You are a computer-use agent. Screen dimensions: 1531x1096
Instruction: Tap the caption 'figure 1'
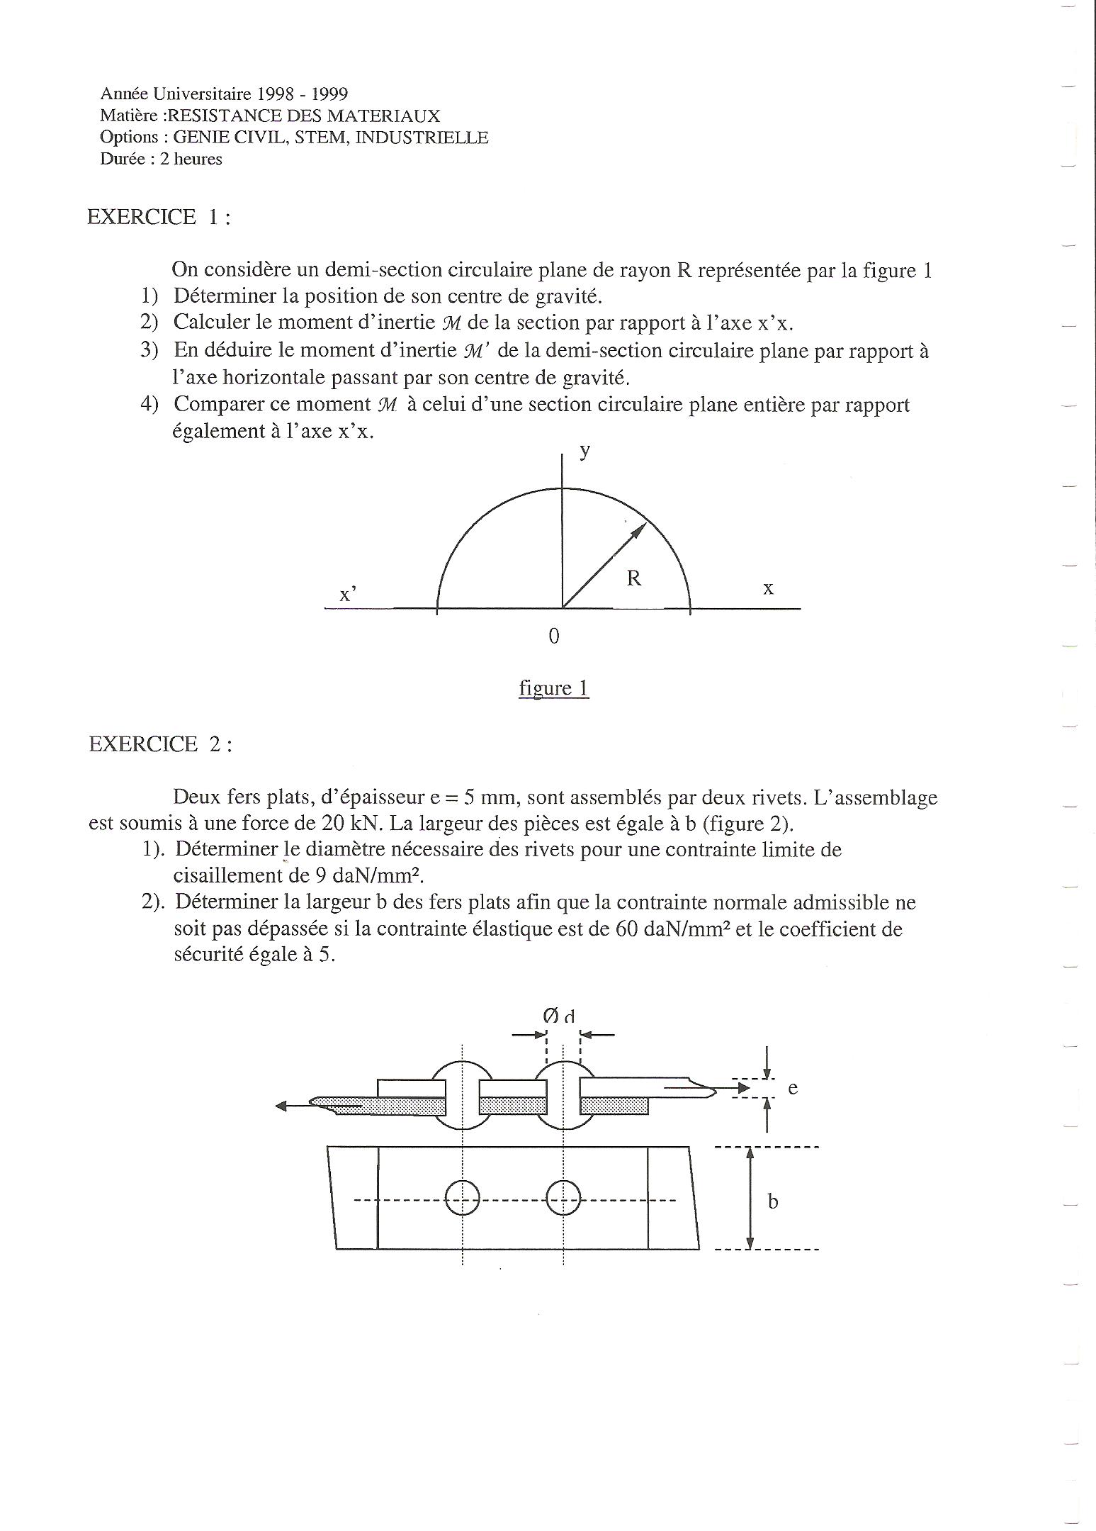553,688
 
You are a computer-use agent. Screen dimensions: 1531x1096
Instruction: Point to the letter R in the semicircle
633,578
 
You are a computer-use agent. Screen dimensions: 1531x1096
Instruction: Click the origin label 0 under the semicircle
554,636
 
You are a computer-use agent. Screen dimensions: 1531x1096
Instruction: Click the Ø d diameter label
559,1016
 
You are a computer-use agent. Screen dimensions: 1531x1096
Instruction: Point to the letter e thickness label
793,1088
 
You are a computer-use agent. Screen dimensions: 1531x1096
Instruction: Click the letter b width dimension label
773,1201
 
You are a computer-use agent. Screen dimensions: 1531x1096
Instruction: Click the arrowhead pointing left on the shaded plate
281,1106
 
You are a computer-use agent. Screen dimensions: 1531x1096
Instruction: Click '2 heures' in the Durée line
191,159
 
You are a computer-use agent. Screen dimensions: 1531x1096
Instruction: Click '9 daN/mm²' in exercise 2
368,875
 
